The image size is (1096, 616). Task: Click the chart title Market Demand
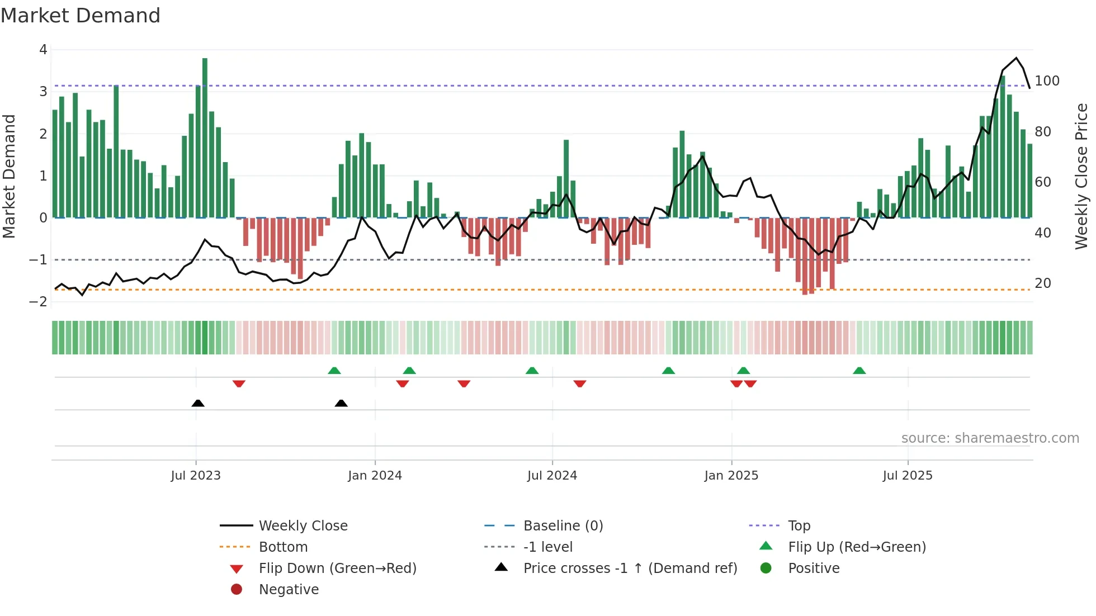[x=81, y=16]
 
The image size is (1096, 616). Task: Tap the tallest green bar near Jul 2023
[x=205, y=137]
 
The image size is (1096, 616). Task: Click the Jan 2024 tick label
[x=375, y=476]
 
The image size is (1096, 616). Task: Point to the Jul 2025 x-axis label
[x=908, y=476]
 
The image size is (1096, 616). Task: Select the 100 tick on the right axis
[x=1047, y=81]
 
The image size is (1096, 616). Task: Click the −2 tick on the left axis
[x=38, y=302]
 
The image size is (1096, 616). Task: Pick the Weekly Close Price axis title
[x=1081, y=176]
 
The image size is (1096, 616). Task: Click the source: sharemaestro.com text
[x=990, y=438]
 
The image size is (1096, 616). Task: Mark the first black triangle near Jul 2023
[x=198, y=403]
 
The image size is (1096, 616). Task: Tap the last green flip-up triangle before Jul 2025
[x=859, y=371]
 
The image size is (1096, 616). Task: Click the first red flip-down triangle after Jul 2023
[x=239, y=383]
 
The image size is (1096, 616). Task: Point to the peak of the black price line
[x=1016, y=58]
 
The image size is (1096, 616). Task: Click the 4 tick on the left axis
[x=43, y=50]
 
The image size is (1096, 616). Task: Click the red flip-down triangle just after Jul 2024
[x=580, y=383]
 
